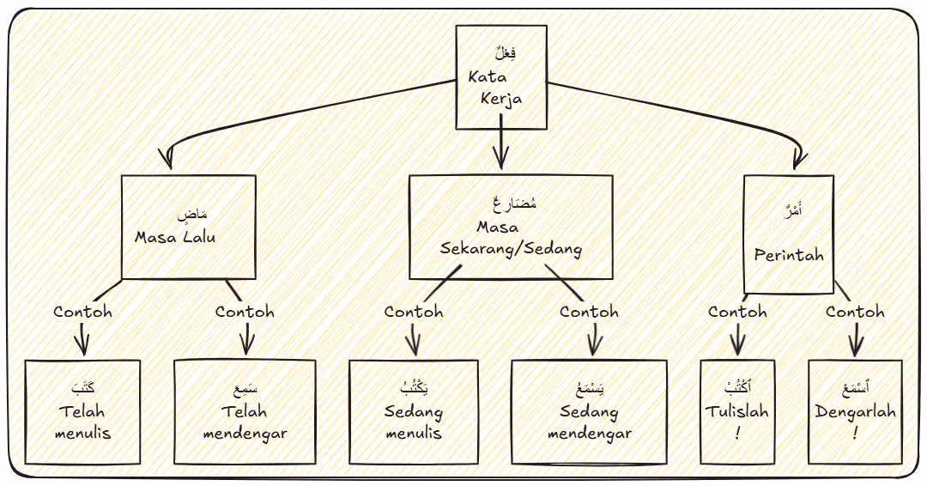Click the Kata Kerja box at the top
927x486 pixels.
point(500,77)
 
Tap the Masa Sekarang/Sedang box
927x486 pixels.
point(511,228)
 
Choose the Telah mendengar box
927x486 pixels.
point(245,412)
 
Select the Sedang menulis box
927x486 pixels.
point(414,412)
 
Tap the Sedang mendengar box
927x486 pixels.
point(589,412)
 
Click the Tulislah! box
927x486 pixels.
point(736,412)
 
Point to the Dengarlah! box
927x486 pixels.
point(855,412)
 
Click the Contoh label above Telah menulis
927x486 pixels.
point(82,312)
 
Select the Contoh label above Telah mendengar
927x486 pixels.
point(245,312)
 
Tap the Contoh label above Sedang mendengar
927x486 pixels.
point(589,312)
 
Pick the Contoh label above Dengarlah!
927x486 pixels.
point(855,312)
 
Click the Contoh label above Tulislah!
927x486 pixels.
point(737,312)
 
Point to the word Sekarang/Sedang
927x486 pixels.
point(511,250)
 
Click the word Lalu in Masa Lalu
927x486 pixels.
point(197,237)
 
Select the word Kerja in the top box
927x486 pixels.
point(502,98)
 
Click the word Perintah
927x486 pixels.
point(789,255)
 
